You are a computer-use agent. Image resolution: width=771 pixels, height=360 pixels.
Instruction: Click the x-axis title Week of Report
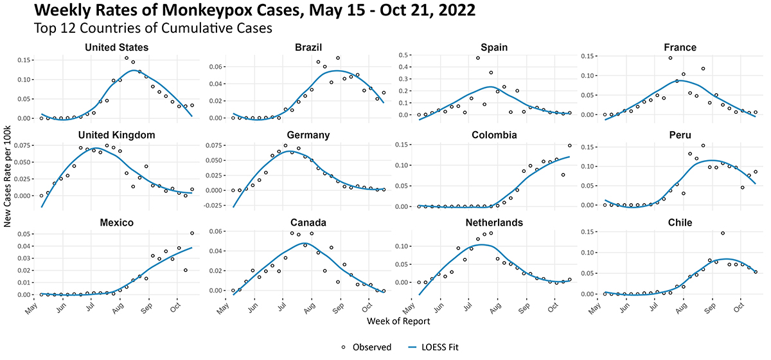point(398,320)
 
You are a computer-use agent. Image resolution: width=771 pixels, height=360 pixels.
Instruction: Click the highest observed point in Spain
point(478,58)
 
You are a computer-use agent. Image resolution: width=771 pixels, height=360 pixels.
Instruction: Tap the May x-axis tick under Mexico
point(34,307)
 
